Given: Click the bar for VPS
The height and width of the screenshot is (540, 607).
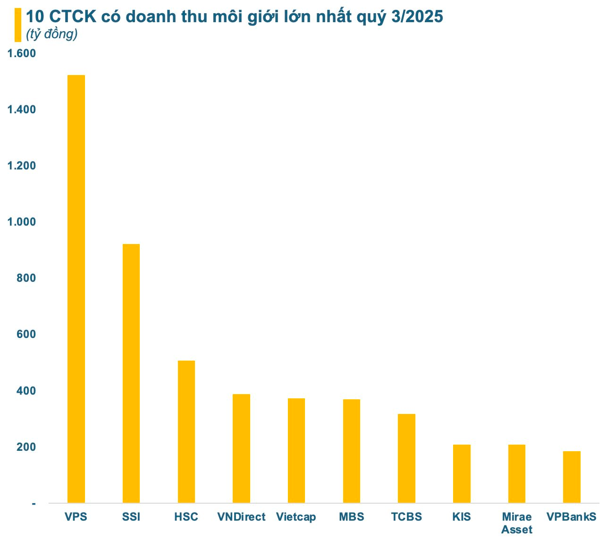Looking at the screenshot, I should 76,289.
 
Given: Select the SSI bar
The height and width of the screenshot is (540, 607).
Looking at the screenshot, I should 131,373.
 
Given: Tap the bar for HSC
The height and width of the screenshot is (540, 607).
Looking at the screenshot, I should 186,431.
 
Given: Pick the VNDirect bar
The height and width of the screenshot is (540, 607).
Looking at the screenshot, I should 241,448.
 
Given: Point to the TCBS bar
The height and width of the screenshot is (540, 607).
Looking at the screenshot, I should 406,458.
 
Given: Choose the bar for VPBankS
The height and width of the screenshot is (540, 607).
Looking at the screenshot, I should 572,477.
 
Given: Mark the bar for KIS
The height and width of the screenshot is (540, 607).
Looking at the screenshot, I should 462,473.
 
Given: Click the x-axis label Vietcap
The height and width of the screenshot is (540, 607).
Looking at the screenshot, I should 296,517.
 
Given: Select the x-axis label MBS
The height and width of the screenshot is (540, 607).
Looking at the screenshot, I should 352,517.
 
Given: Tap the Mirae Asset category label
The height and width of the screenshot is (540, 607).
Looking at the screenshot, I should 517,523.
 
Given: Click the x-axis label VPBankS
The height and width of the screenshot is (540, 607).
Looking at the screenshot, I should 572,517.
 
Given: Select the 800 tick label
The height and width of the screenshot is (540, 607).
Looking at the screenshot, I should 25,278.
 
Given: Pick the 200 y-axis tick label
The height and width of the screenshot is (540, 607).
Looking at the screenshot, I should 25,447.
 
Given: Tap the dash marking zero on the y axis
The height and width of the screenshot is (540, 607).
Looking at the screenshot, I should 34,504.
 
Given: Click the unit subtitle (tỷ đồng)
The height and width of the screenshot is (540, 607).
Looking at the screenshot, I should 51,34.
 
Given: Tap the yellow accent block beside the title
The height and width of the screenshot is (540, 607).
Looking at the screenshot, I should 18,25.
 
